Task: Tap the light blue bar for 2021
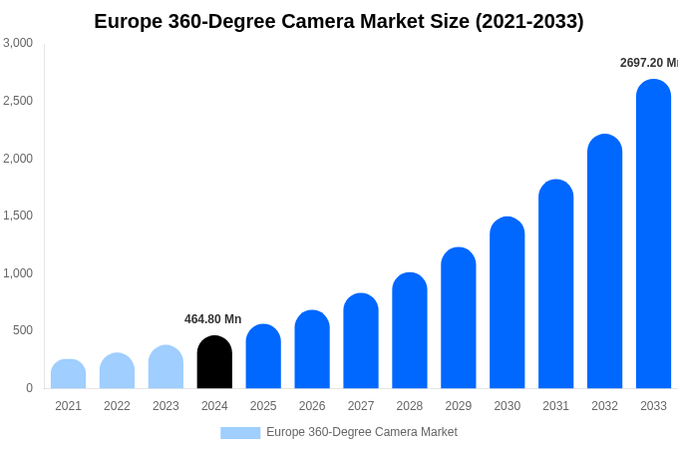[68, 374]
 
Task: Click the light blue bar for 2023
[166, 367]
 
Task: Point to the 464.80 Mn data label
[212, 319]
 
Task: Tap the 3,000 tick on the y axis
[18, 43]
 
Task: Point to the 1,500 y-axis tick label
[18, 216]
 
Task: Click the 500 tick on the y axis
[23, 330]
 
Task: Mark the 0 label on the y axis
[29, 388]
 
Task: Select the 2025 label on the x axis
[263, 406]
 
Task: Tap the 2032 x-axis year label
[604, 406]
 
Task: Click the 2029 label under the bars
[458, 406]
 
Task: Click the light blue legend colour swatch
[240, 433]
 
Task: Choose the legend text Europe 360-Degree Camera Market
[361, 432]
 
